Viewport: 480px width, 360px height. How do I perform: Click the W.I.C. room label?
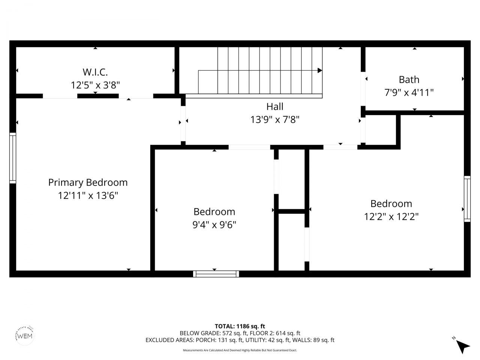click(95, 72)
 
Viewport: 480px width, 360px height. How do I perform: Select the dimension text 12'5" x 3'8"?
click(95, 85)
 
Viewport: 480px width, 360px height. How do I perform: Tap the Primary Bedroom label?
click(88, 183)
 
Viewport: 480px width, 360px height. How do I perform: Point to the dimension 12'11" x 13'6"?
click(88, 196)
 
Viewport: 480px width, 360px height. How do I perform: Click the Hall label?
click(274, 106)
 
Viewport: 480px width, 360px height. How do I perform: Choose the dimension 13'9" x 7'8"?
click(274, 120)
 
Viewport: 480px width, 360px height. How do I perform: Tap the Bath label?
click(409, 79)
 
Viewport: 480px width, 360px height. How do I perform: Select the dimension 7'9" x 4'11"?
click(409, 93)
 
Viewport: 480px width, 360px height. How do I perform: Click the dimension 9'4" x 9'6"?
click(214, 225)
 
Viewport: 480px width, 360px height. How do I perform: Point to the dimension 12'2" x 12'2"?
click(391, 217)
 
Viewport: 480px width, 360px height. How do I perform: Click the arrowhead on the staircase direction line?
click(320, 70)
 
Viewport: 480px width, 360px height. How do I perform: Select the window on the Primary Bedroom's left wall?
click(13, 158)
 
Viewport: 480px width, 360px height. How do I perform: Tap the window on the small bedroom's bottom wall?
click(216, 274)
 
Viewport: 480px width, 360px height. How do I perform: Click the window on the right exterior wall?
click(467, 199)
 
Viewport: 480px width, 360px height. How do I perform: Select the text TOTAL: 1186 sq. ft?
click(240, 326)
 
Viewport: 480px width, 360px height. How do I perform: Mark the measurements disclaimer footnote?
click(240, 350)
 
